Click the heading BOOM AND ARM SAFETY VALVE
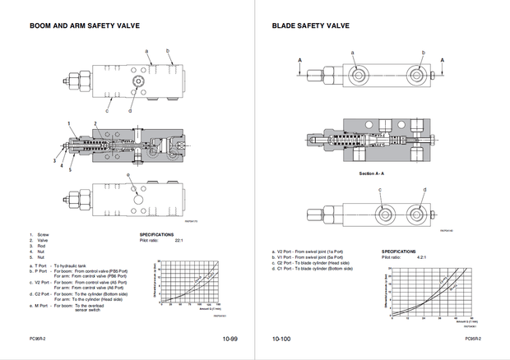click(x=85, y=25)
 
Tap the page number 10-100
click(x=282, y=338)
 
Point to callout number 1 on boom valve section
click(x=71, y=122)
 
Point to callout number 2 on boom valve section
click(x=95, y=122)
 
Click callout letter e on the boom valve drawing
click(x=129, y=176)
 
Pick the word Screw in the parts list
click(x=44, y=234)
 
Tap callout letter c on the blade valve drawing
click(x=381, y=189)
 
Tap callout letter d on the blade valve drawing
click(x=424, y=189)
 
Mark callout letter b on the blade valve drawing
click(x=423, y=53)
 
